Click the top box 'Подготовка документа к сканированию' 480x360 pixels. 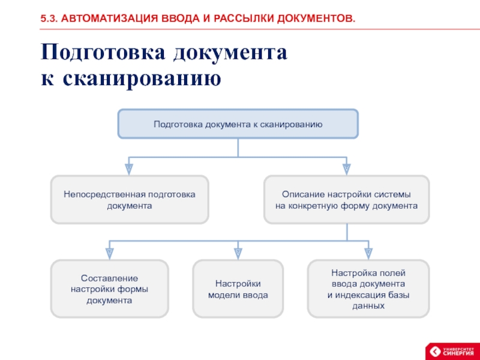pyautogui.click(x=238, y=124)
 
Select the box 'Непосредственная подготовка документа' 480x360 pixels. pyautogui.click(x=130, y=200)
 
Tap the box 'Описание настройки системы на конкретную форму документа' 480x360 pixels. pyautogui.click(x=347, y=200)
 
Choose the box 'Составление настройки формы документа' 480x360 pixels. pyautogui.click(x=109, y=289)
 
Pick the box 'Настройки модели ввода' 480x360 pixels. pyautogui.click(x=238, y=289)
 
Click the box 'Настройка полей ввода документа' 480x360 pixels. pyautogui.click(x=368, y=289)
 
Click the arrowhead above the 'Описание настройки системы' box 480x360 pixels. pyautogui.click(x=346, y=168)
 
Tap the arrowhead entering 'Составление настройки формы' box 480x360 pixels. pyautogui.click(x=109, y=253)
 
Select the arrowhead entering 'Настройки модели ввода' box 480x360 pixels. pyautogui.click(x=238, y=253)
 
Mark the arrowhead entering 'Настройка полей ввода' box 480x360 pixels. pyautogui.click(x=368, y=253)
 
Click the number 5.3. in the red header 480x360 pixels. pyautogui.click(x=49, y=20)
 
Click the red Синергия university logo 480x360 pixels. pyautogui.click(x=451, y=351)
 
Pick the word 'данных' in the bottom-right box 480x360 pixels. pyautogui.click(x=368, y=305)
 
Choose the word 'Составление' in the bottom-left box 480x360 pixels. pyautogui.click(x=109, y=278)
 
